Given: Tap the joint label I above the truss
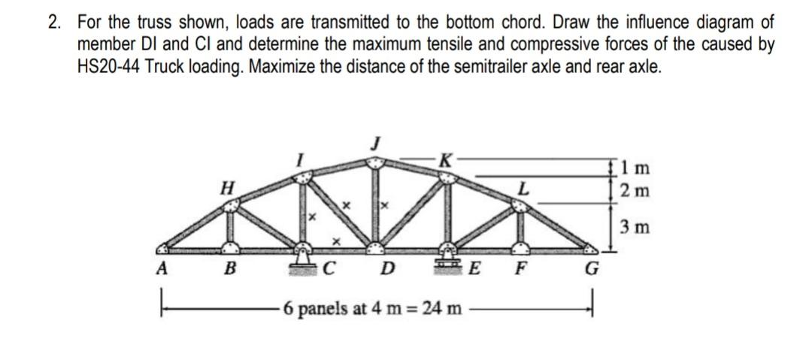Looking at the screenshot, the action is [298, 160].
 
